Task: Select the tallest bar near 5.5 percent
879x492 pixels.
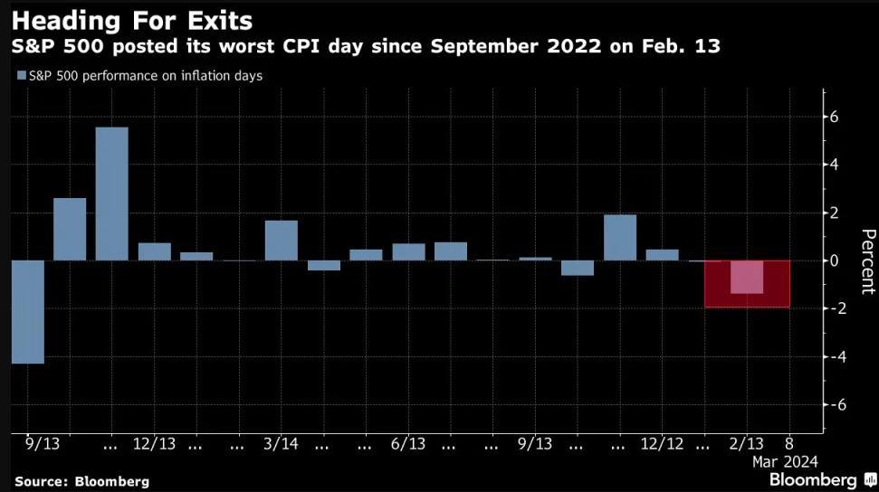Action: click(x=111, y=194)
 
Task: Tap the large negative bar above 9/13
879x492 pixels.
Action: click(x=27, y=311)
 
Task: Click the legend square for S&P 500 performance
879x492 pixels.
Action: click(x=21, y=76)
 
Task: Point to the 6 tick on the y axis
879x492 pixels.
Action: click(x=836, y=118)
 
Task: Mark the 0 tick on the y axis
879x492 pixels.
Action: click(x=836, y=260)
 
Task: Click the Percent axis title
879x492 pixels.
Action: click(x=867, y=261)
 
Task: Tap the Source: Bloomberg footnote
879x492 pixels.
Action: click(x=81, y=481)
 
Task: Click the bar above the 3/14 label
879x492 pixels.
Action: click(x=281, y=241)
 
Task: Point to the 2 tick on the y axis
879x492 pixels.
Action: click(x=836, y=213)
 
